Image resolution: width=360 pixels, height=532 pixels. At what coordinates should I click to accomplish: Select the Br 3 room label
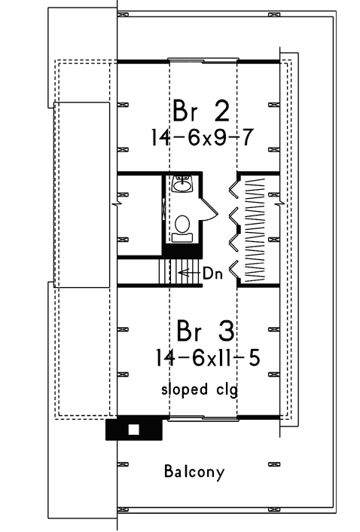click(x=205, y=332)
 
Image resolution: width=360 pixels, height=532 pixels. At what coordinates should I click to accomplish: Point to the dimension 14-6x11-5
click(x=206, y=359)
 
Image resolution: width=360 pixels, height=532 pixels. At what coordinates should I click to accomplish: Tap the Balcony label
click(x=194, y=472)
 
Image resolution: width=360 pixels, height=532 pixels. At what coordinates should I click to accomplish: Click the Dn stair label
click(x=212, y=274)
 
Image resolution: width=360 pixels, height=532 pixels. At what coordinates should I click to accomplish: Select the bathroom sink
click(x=182, y=184)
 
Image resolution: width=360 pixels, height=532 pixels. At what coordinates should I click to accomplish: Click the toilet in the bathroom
click(x=182, y=225)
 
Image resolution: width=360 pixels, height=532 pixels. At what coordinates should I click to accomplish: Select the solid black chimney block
click(x=134, y=430)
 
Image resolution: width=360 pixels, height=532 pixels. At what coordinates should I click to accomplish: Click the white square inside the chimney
click(x=134, y=430)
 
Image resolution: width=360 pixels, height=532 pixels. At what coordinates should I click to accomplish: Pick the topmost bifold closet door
click(x=233, y=188)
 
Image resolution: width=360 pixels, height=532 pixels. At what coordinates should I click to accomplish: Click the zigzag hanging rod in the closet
click(x=256, y=226)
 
